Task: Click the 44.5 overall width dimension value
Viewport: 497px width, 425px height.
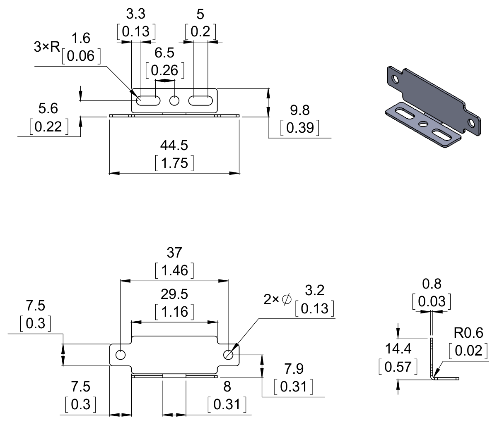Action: point(174,145)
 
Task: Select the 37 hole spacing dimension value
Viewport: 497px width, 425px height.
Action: point(174,252)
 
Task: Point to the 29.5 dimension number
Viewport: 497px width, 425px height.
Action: point(174,294)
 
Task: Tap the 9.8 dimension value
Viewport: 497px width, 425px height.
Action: point(300,110)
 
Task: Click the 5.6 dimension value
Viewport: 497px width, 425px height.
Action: point(48,109)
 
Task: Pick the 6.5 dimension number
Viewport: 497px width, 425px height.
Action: point(164,53)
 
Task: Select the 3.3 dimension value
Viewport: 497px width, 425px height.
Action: point(136,14)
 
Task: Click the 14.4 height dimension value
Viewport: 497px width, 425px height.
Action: point(398,349)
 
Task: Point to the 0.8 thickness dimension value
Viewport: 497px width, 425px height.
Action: point(431,284)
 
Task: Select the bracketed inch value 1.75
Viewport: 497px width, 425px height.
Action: point(174,163)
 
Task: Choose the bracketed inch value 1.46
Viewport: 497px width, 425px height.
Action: point(174,271)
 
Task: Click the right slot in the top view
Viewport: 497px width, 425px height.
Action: point(201,100)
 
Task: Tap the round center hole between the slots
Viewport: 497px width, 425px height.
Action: point(175,100)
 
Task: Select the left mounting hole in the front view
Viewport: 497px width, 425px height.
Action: point(121,355)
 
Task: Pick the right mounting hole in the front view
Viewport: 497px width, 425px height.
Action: point(228,355)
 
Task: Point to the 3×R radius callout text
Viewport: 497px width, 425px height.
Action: point(46,47)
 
